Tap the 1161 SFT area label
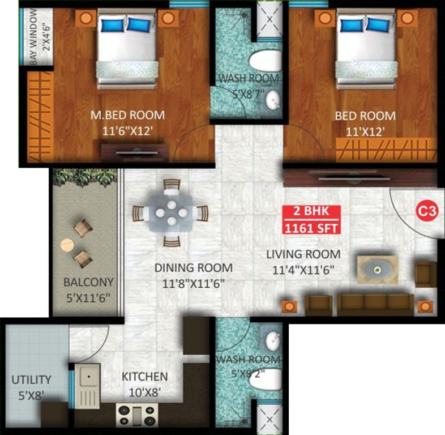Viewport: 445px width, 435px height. [x=311, y=229]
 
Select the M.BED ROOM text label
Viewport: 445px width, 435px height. [x=127, y=115]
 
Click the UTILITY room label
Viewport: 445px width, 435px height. [x=31, y=379]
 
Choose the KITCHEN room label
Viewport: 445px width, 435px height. [x=144, y=376]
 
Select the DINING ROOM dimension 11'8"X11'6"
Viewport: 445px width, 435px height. [x=193, y=283]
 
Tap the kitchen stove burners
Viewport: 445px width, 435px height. [x=135, y=415]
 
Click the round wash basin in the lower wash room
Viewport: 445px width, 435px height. [x=273, y=340]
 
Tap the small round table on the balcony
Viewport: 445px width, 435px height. [x=67, y=245]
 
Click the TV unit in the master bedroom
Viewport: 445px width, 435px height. [x=135, y=152]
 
